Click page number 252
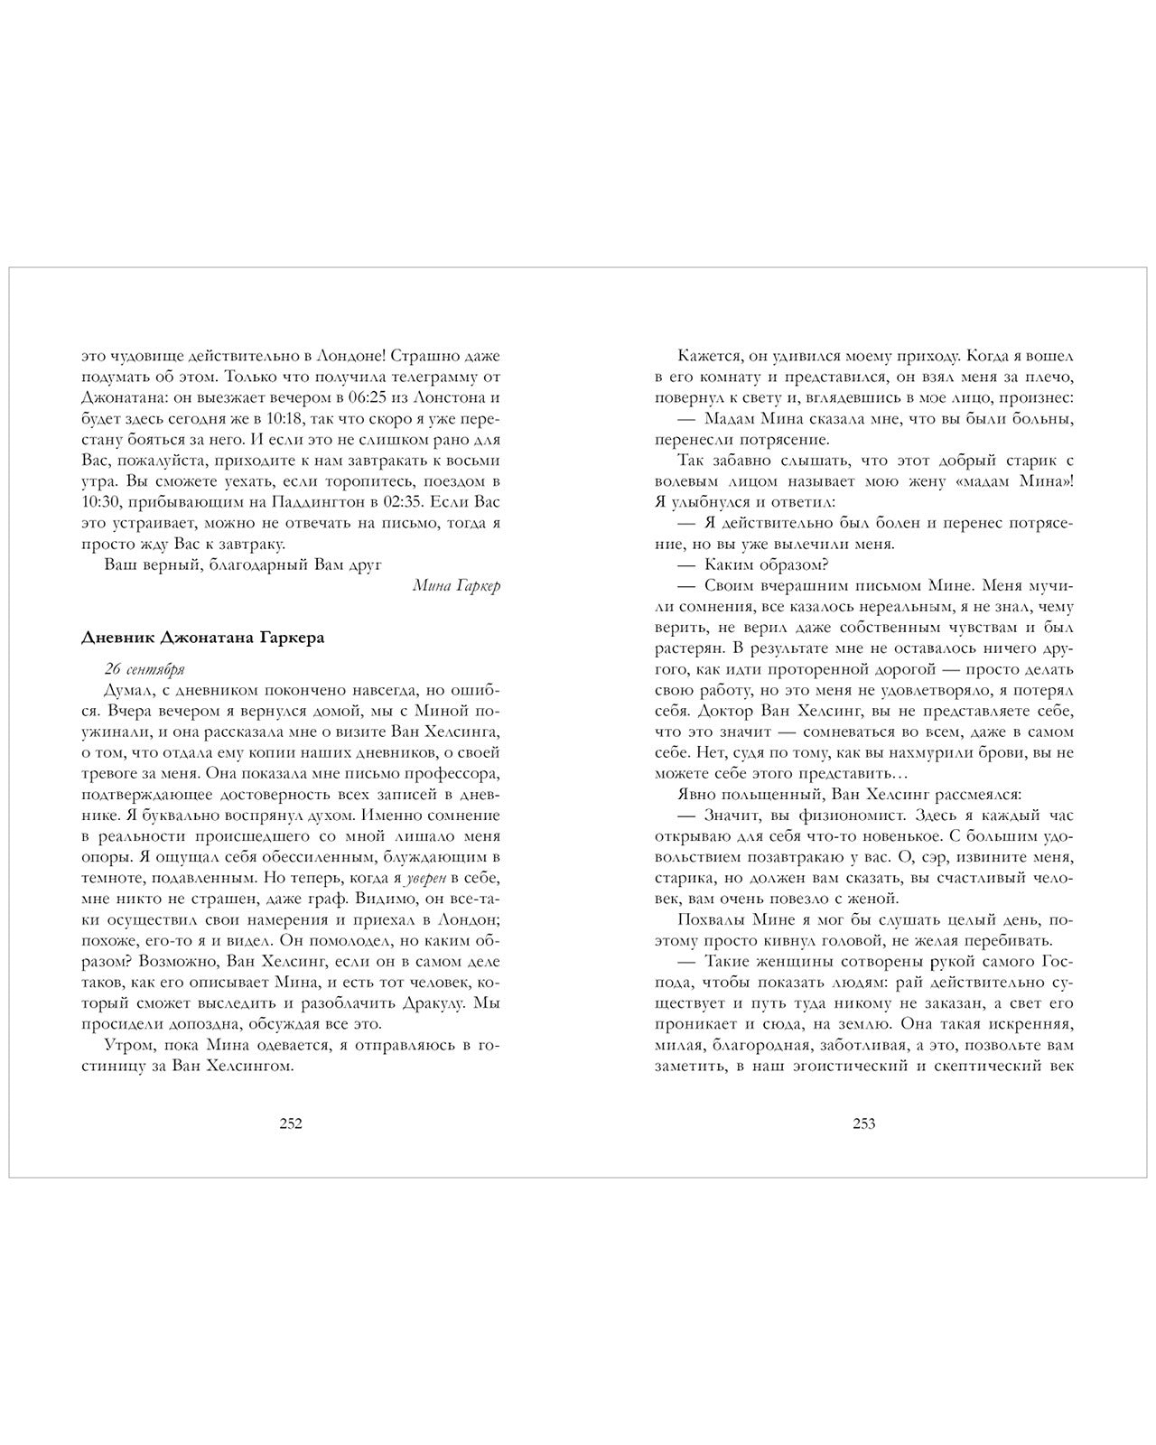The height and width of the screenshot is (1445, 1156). tap(290, 1123)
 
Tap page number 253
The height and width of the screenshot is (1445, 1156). tap(864, 1123)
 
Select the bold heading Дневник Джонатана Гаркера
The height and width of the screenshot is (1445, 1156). tap(203, 637)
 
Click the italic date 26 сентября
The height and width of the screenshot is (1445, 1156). tap(144, 669)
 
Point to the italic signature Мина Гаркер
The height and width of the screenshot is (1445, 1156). tap(456, 585)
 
